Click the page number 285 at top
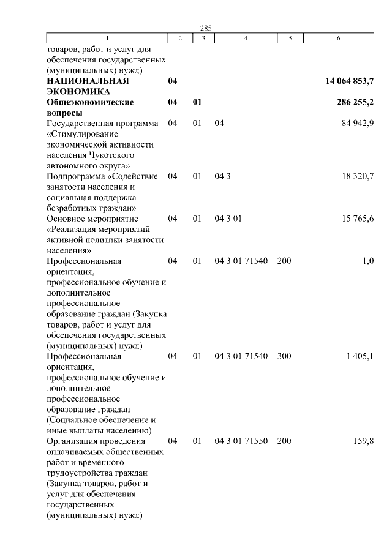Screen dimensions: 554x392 [206, 28]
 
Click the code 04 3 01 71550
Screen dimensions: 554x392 [241, 441]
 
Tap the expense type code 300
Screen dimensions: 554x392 [284, 356]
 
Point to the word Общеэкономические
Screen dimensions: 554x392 [90, 103]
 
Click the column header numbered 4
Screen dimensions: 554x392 [246, 39]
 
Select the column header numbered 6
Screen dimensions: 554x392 [339, 39]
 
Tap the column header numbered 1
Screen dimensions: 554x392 [107, 39]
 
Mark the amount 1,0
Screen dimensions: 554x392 [368, 261]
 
